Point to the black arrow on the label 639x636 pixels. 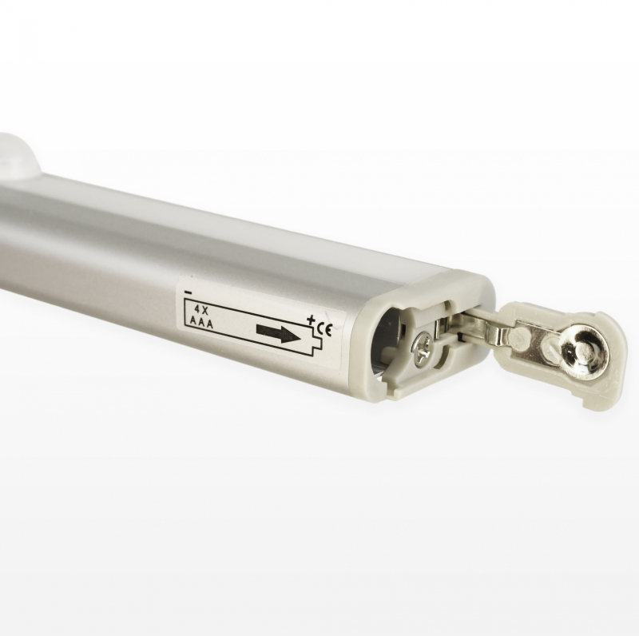[279, 332]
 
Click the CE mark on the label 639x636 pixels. [325, 328]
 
